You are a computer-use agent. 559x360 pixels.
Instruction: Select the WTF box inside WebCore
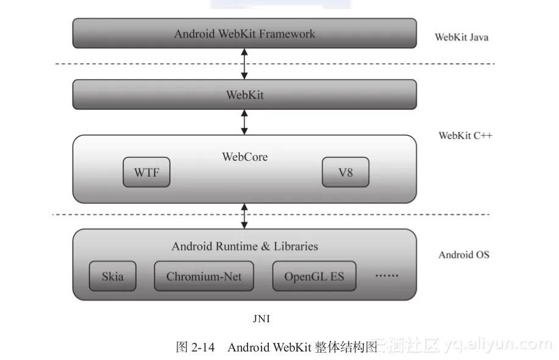tap(146, 172)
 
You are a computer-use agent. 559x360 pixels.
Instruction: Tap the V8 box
tap(346, 172)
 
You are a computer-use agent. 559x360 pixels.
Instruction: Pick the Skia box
tap(112, 277)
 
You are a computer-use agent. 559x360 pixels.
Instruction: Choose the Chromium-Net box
tap(204, 277)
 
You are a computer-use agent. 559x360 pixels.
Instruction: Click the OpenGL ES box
tap(314, 277)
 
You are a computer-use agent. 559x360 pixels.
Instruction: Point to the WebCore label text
tap(244, 157)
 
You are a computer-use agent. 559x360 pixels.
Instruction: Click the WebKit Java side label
tap(461, 37)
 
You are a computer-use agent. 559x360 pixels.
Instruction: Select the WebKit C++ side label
tap(465, 135)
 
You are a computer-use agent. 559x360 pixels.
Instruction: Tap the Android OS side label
tap(463, 255)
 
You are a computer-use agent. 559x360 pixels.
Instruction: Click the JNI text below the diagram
tap(261, 318)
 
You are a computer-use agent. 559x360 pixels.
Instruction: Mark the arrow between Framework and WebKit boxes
tap(244, 63)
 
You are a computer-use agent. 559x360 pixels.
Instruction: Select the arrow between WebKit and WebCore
tap(244, 122)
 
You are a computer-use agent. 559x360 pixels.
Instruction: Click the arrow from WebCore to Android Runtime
tap(244, 216)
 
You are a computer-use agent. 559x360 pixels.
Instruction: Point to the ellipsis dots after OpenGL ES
tap(386, 276)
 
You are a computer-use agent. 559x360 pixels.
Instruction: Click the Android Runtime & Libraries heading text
tap(244, 247)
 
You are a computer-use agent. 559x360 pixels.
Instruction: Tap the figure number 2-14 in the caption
tap(203, 347)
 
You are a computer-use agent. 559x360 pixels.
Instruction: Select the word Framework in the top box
tap(287, 34)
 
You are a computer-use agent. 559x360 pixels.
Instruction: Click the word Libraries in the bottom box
tap(295, 247)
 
